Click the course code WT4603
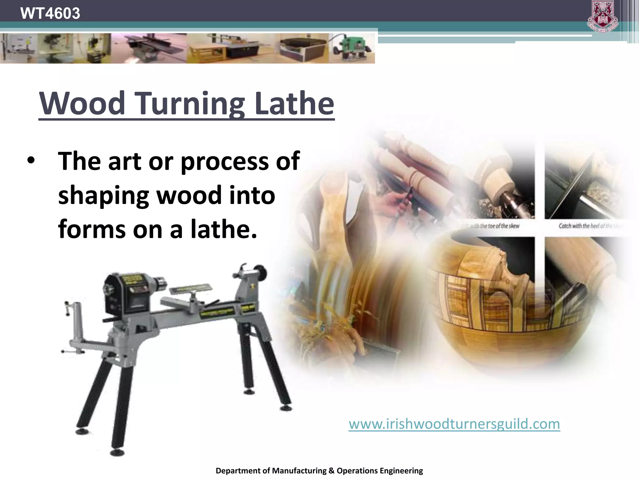pos(50,13)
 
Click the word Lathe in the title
pos(294,103)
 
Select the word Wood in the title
pos(82,103)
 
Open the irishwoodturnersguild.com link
pos(454,424)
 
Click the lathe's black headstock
pos(125,293)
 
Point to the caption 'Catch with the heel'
pos(587,226)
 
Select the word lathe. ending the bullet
pos(223,229)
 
